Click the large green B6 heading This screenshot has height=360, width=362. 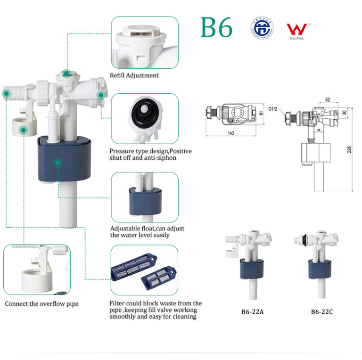click(217, 28)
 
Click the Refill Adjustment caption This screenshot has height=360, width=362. click(134, 75)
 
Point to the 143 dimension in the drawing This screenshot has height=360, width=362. click(231, 133)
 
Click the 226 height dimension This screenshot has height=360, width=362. click(350, 149)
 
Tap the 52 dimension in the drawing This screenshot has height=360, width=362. click(327, 100)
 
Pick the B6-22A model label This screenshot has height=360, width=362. click(251, 311)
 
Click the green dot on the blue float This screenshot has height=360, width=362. click(57, 163)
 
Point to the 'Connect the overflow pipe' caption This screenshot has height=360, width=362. click(42, 304)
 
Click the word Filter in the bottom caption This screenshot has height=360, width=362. click(118, 303)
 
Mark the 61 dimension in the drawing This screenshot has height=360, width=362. click(261, 113)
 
